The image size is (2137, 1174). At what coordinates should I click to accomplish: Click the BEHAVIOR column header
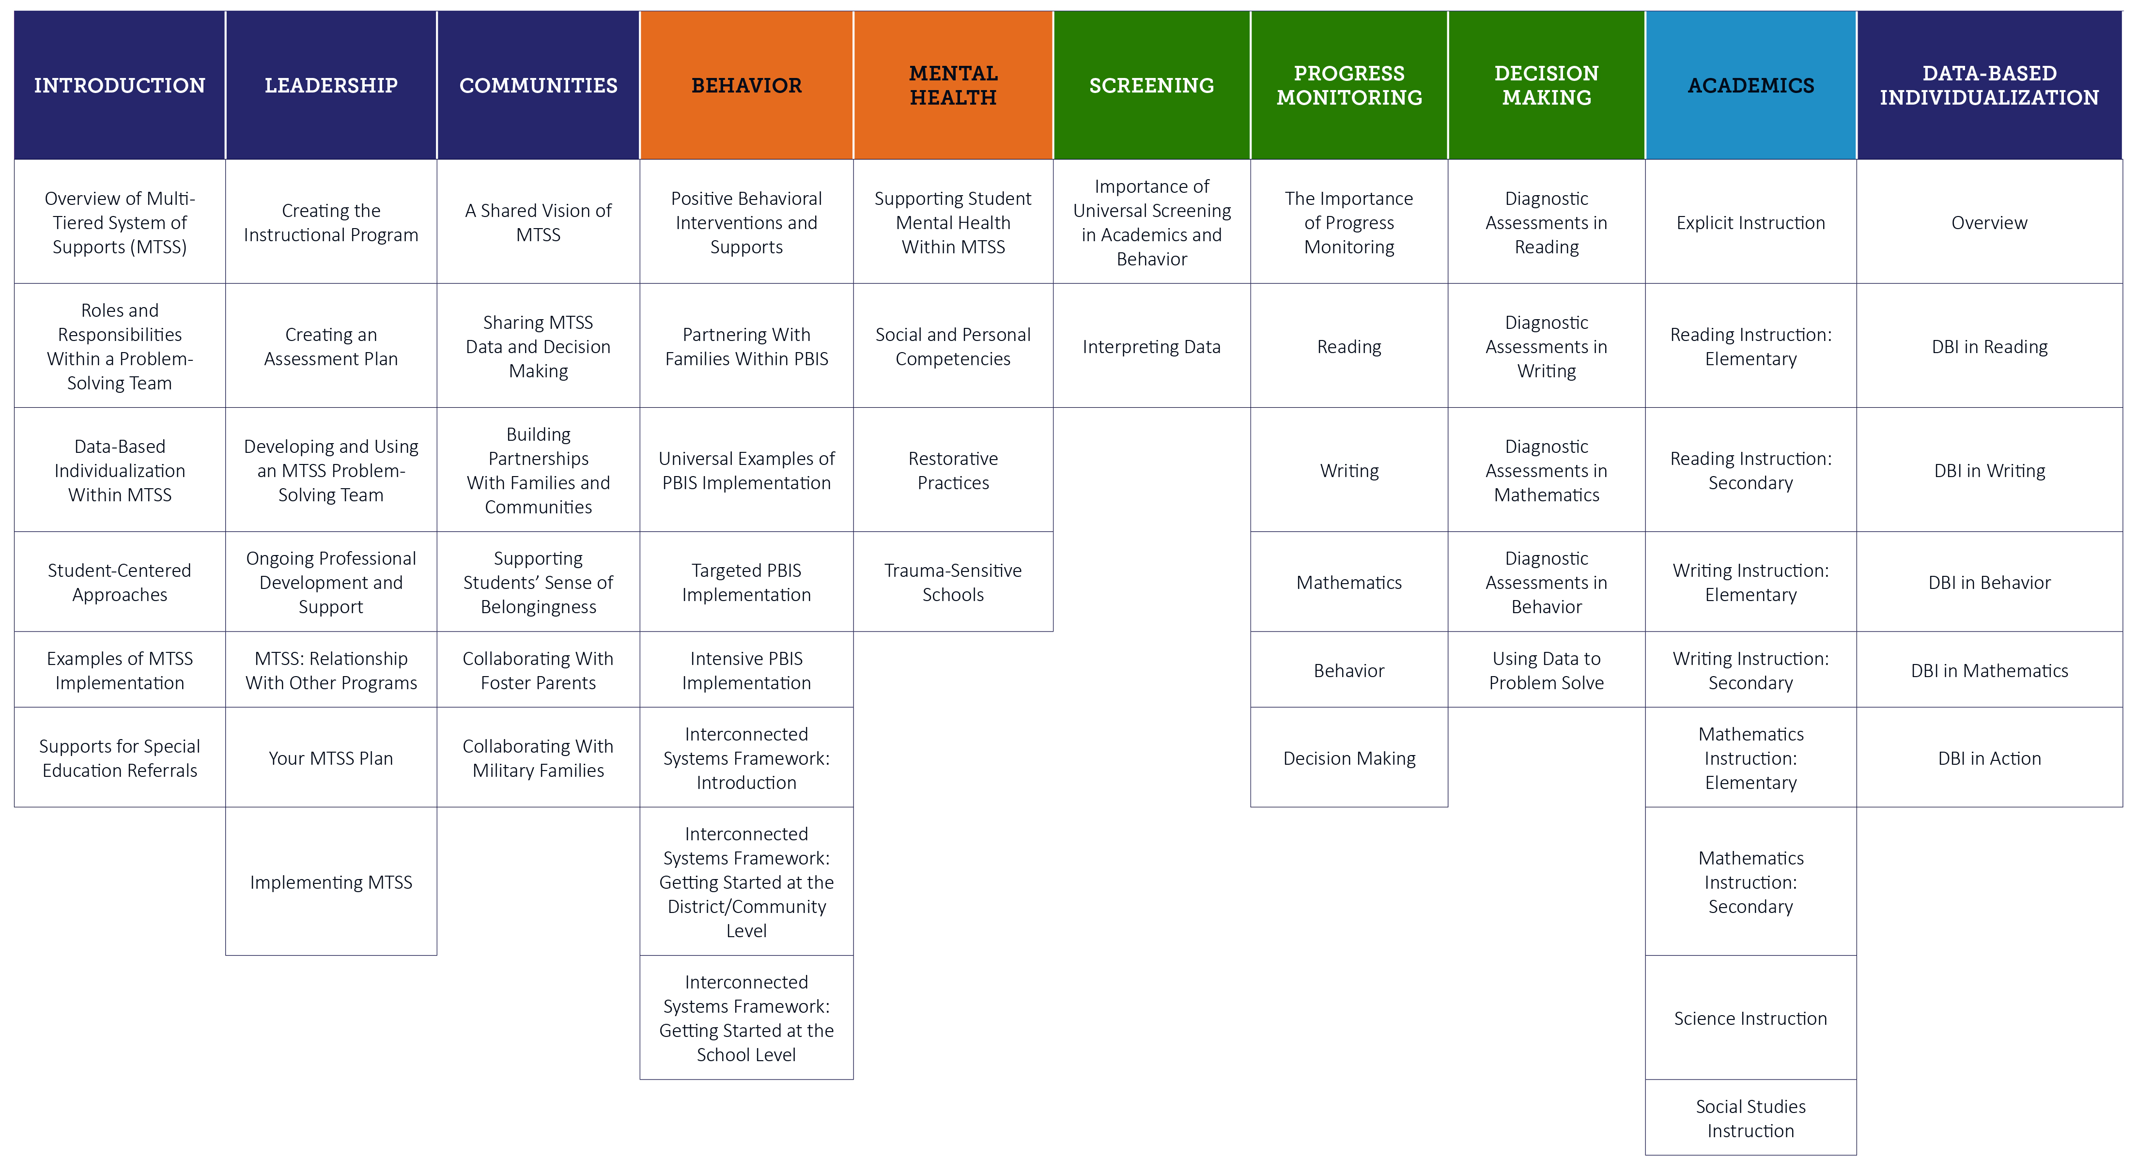746,85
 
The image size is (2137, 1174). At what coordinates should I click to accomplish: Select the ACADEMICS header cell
1750,85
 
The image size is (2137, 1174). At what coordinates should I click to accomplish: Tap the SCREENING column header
1151,85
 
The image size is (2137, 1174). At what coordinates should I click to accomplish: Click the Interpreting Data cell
1151,347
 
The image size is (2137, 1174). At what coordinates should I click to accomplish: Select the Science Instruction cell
1750,1018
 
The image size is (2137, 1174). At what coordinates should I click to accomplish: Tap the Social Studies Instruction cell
1750,1118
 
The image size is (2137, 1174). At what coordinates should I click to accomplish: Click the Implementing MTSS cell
331,882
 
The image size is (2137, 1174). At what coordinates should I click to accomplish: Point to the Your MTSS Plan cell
331,758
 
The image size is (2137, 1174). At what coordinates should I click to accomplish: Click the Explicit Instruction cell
1750,222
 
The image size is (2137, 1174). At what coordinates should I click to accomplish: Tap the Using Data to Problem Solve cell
1547,670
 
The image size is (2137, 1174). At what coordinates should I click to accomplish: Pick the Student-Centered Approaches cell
120,583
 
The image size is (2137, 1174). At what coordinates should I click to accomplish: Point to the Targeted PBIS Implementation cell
746,583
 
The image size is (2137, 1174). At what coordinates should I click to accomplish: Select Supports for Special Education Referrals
120,758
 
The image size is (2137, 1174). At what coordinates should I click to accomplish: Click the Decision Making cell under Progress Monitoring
1349,758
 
